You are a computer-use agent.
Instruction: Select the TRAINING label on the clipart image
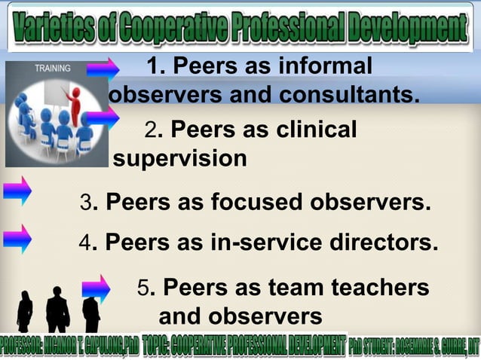click(x=52, y=69)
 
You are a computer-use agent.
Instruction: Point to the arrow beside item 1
click(x=103, y=70)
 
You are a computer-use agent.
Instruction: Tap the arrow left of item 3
click(x=17, y=191)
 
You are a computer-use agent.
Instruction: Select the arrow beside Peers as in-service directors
click(x=17, y=239)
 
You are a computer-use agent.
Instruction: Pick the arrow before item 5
click(x=96, y=288)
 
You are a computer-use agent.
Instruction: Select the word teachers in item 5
click(x=381, y=288)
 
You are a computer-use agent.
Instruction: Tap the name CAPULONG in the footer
click(x=98, y=347)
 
